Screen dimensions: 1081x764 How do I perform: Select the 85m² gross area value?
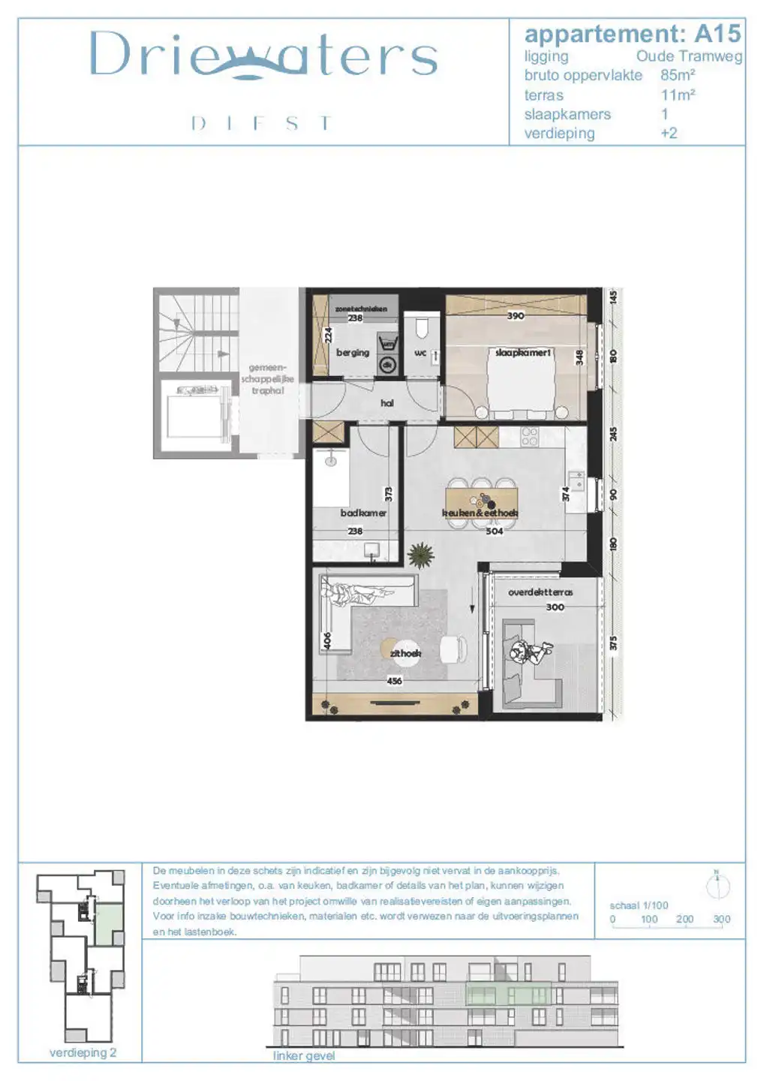point(677,75)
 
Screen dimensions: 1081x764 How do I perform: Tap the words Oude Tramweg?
point(688,56)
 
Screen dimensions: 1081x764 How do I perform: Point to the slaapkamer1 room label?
point(523,352)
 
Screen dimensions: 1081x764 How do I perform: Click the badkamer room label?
point(363,513)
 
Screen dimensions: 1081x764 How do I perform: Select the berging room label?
point(353,352)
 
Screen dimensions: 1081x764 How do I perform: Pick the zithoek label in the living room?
point(405,653)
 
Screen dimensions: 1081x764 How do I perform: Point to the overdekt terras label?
point(540,592)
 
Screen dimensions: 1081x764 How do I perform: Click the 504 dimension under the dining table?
point(495,531)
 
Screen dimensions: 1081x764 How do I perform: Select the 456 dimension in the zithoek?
point(394,681)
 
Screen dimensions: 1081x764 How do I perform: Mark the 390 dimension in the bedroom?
point(516,316)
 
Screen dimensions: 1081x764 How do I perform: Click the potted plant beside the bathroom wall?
point(420,556)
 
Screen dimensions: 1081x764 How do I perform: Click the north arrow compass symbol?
point(718,887)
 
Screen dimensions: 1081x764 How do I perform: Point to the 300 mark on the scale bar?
point(721,919)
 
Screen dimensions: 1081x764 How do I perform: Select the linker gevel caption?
point(304,1055)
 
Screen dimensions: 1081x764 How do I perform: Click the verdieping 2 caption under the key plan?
point(83,1052)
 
